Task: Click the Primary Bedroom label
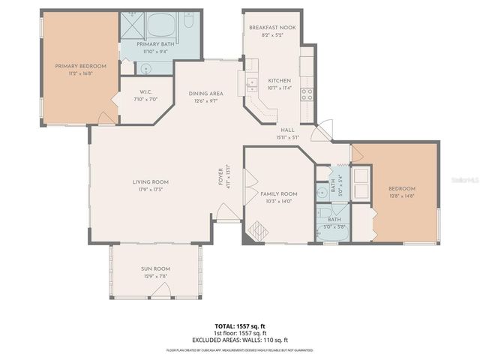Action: point(80,66)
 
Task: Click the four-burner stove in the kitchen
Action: point(307,94)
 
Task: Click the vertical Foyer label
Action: point(220,178)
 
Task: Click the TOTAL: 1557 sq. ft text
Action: point(240,327)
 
